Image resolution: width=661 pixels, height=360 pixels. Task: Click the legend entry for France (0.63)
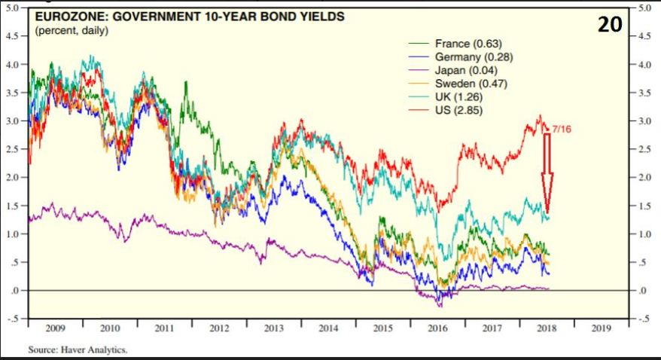click(468, 43)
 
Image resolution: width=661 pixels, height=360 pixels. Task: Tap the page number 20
click(611, 25)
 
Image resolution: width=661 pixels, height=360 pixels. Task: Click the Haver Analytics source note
click(78, 349)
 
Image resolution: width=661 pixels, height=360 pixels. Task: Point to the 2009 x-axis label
click(55, 328)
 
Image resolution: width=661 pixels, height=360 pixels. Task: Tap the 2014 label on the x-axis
click(328, 328)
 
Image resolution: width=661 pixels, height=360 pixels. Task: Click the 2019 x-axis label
click(601, 328)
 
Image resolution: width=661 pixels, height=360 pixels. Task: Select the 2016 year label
click(437, 328)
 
